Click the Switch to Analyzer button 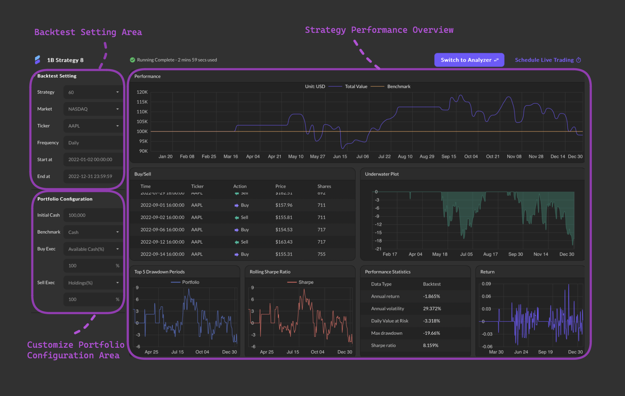469,60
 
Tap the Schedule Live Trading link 548,60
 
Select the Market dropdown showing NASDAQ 93,109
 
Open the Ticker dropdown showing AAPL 93,126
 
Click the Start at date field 93,160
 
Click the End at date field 93,176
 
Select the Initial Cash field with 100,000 93,215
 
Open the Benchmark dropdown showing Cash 93,232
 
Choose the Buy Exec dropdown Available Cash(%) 93,249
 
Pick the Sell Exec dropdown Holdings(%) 93,283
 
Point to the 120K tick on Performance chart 142,92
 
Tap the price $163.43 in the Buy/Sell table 284,242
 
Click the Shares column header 324,186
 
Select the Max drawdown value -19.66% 431,333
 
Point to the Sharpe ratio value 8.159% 431,345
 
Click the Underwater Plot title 382,174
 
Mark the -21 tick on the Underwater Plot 378,249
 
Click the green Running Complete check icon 132,60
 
